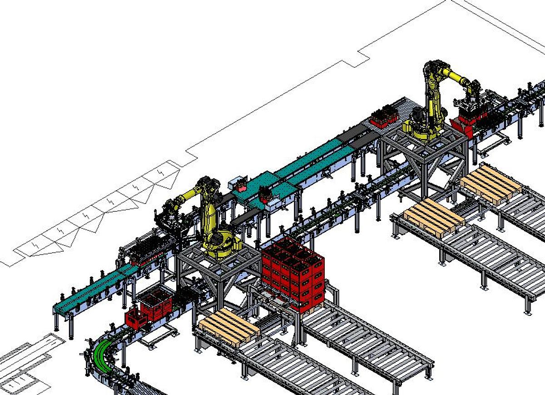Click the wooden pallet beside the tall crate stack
228,326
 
